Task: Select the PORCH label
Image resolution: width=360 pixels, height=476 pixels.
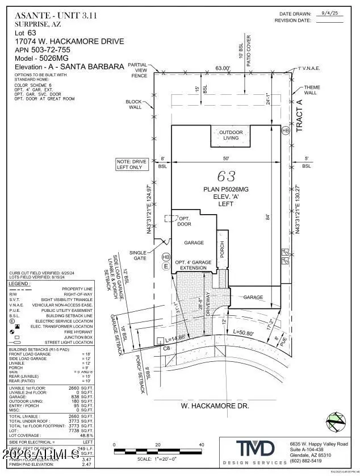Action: [223, 250]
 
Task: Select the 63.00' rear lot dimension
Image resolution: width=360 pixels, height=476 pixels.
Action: [223, 68]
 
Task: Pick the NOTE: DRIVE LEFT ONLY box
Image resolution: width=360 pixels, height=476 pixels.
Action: [131, 165]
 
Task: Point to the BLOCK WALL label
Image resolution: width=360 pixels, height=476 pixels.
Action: [135, 105]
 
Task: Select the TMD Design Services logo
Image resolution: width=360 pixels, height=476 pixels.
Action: [251, 453]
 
